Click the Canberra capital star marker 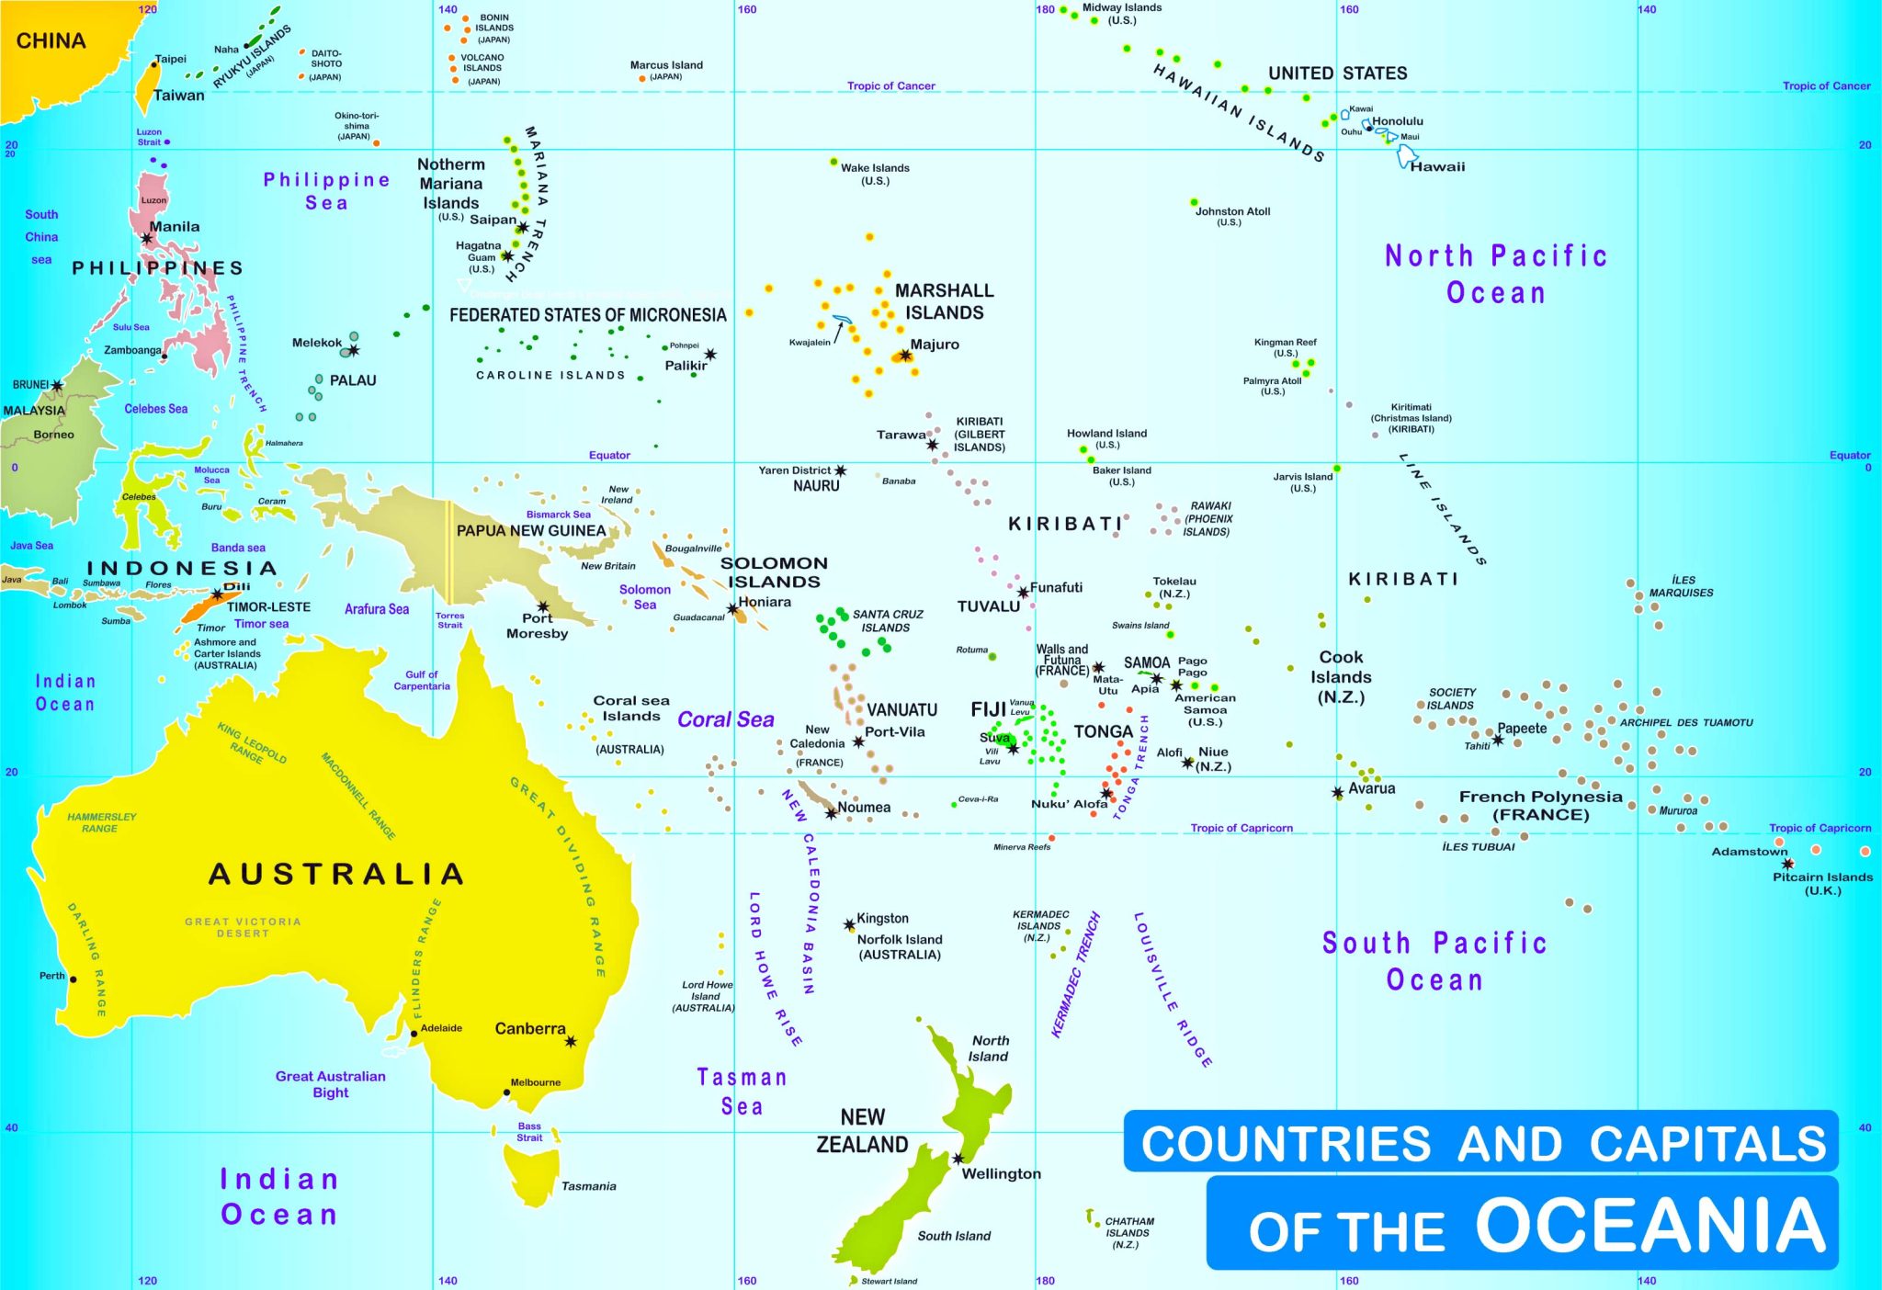571,1041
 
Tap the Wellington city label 1001,1173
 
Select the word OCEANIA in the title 1650,1225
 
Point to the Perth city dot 74,979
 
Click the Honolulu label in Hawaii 1397,121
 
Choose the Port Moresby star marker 543,606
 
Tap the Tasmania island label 588,1186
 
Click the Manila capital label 174,227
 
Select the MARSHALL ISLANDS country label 944,301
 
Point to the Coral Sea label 725,719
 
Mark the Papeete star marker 1498,740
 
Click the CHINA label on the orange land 51,40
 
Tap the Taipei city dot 154,64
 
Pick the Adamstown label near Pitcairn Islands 1749,852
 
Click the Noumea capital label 863,808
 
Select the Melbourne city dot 506,1092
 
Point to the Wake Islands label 875,168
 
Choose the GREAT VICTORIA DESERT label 243,927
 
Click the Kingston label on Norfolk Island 882,919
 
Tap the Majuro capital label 935,345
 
